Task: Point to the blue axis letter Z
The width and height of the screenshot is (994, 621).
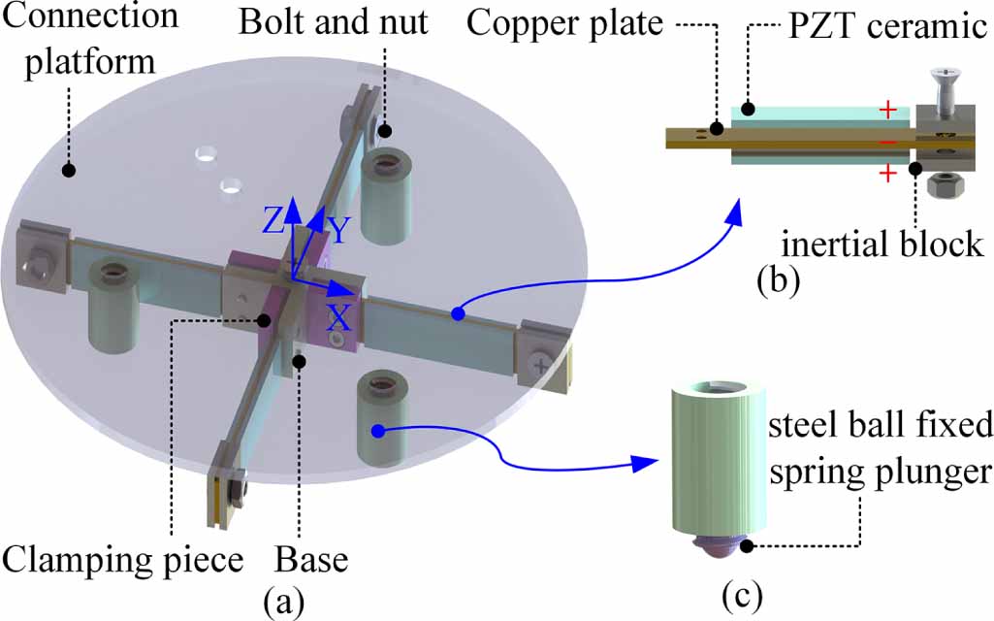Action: pyautogui.click(x=273, y=221)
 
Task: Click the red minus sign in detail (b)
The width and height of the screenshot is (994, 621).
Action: pyautogui.click(x=886, y=143)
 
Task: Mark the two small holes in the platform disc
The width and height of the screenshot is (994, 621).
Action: pyautogui.click(x=218, y=169)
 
